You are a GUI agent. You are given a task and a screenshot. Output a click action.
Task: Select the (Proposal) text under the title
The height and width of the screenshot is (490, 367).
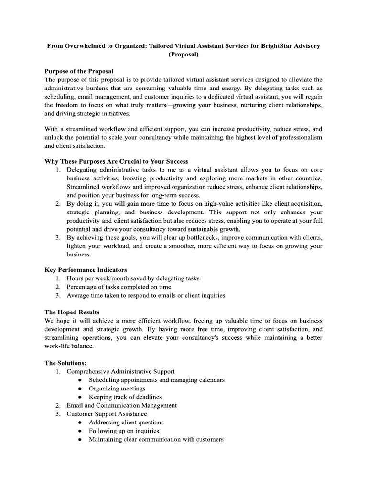pyautogui.click(x=183, y=55)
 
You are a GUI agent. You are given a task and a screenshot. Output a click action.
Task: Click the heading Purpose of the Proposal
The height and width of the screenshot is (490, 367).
pyautogui.click(x=79, y=71)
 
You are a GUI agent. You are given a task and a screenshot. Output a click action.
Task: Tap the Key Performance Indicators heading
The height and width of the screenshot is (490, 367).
pyautogui.click(x=86, y=270)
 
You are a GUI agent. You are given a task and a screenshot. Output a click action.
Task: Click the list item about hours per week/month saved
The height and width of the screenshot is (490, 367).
pyautogui.click(x=133, y=278)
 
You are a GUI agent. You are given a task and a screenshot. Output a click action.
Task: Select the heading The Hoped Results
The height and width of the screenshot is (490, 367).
pyautogui.click(x=72, y=312)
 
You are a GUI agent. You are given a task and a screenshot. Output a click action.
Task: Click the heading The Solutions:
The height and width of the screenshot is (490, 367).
pyautogui.click(x=65, y=363)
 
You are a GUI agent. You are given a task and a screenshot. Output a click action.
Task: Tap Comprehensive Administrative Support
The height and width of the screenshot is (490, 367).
pyautogui.click(x=120, y=371)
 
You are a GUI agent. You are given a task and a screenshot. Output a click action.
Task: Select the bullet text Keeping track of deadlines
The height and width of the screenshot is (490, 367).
pyautogui.click(x=125, y=397)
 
